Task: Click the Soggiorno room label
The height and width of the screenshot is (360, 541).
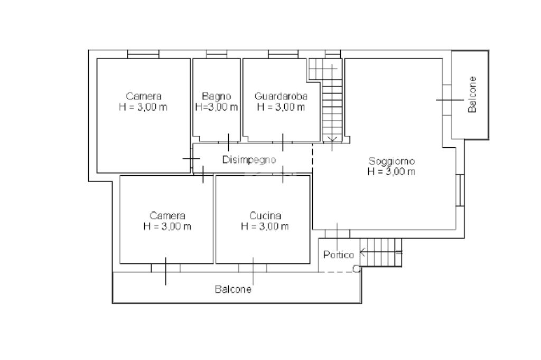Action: [391, 161]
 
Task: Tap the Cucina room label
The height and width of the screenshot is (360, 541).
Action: [265, 216]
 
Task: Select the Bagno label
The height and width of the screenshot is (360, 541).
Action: [216, 96]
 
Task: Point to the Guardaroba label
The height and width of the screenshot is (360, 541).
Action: [281, 96]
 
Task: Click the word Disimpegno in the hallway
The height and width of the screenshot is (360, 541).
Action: [249, 160]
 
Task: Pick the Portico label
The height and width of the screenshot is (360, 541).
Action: [339, 255]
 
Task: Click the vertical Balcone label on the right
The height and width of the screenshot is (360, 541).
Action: [472, 94]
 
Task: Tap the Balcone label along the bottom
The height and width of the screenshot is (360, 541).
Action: [233, 289]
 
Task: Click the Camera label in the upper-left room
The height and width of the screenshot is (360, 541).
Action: [144, 96]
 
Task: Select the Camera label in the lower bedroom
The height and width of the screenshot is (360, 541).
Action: [167, 216]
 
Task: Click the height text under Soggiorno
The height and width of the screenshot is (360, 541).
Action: [391, 172]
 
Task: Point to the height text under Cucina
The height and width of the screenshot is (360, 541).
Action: [265, 226]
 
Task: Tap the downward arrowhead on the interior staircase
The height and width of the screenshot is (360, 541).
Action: [332, 139]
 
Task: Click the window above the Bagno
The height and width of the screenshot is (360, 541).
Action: [217, 54]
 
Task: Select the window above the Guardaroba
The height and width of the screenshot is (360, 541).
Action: [283, 54]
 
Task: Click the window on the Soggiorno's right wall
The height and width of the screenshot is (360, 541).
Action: [460, 191]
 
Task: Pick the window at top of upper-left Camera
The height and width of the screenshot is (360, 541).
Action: [143, 54]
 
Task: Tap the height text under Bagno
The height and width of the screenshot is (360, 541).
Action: [216, 107]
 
